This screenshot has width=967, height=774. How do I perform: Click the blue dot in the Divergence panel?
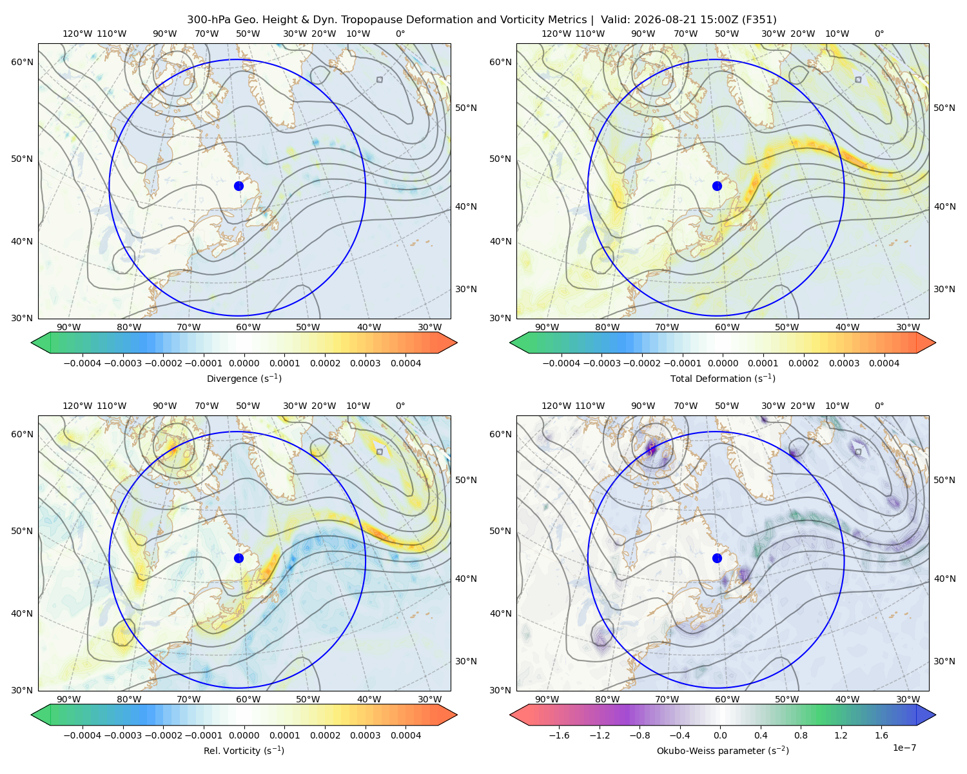point(239,186)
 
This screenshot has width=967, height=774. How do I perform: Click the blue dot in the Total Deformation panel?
point(717,186)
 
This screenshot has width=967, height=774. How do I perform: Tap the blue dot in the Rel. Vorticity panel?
point(239,558)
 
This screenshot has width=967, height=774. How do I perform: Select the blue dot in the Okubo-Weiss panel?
point(717,558)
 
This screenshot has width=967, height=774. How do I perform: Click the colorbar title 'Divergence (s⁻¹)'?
point(244,379)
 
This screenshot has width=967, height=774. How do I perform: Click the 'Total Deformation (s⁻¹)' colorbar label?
point(723,379)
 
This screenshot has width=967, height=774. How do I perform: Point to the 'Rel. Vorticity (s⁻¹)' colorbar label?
point(244,751)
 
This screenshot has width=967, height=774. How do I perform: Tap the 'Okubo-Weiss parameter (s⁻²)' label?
point(723,751)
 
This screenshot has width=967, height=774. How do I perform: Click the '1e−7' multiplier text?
point(904,748)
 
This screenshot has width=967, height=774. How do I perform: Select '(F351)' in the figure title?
point(759,20)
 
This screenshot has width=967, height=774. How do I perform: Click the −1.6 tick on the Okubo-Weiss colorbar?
point(559,735)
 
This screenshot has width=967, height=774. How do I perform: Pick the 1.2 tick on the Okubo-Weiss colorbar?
point(841,735)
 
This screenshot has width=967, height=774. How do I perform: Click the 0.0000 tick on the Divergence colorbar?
point(244,363)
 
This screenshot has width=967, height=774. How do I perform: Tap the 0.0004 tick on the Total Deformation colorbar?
point(884,363)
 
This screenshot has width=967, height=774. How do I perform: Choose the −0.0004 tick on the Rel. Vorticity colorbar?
point(83,735)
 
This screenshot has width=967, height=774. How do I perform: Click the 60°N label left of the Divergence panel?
point(22,62)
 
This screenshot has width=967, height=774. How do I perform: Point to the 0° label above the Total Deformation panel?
point(879,34)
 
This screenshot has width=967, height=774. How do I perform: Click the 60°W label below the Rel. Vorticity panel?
point(248,699)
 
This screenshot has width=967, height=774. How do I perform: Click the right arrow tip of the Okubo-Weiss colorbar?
point(935,715)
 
